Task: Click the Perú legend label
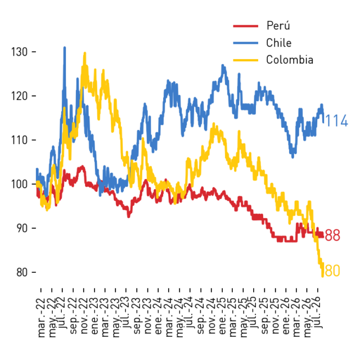click(x=278, y=25)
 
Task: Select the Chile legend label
click(x=279, y=43)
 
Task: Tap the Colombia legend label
click(x=290, y=60)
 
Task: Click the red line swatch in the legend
click(x=246, y=26)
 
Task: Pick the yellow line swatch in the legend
click(x=246, y=60)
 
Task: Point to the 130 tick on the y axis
click(x=20, y=52)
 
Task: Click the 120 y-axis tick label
click(x=20, y=96)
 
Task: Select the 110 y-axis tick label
click(x=20, y=140)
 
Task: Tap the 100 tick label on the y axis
click(x=20, y=184)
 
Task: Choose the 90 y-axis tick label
click(x=22, y=228)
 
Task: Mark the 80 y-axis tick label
click(x=22, y=272)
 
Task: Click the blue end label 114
click(x=336, y=121)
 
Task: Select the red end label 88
click(x=332, y=235)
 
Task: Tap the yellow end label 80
click(x=332, y=271)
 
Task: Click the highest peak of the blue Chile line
click(x=65, y=47)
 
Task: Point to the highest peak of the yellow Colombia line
click(x=85, y=53)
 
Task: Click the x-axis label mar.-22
click(x=41, y=318)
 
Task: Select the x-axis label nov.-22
click(x=84, y=316)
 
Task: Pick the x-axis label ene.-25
click(x=222, y=316)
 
